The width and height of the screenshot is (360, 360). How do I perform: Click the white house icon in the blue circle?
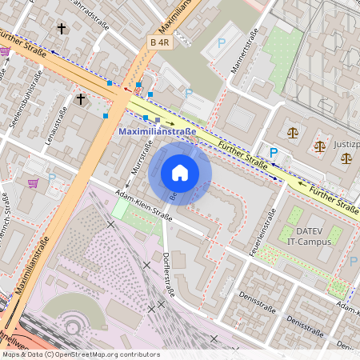180,173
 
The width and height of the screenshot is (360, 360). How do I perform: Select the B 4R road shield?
160,42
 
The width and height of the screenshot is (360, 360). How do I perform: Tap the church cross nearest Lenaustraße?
80,99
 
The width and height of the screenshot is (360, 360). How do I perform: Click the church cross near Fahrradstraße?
61,29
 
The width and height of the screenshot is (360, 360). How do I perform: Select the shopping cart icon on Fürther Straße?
6,51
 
